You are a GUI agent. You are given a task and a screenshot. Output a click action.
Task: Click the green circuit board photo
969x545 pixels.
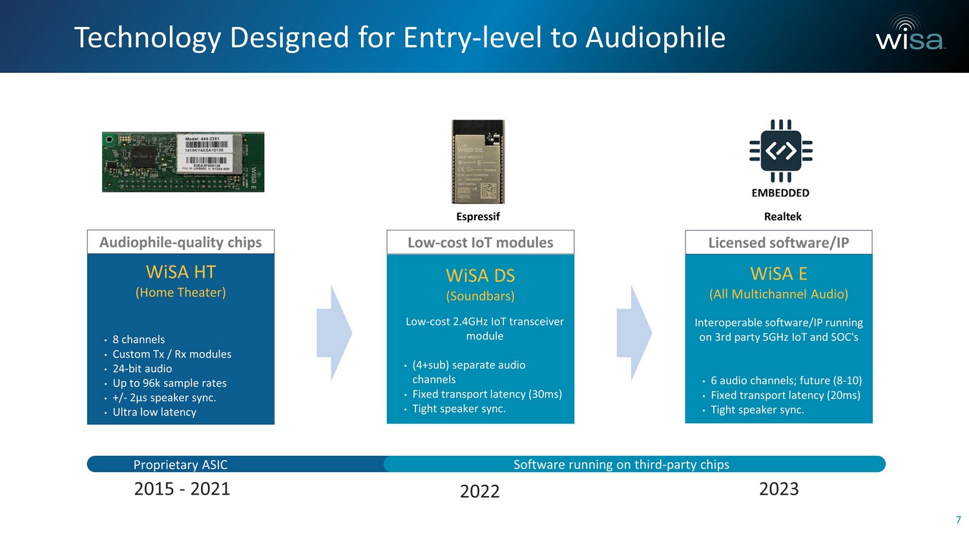pos(183,162)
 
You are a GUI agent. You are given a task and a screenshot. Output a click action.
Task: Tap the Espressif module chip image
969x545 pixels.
pos(478,161)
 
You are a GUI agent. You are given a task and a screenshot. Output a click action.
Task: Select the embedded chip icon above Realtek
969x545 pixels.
pos(780,151)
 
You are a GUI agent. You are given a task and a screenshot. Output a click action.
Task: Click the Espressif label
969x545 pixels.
pos(478,216)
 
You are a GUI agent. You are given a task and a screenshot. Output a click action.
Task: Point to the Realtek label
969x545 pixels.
pos(782,216)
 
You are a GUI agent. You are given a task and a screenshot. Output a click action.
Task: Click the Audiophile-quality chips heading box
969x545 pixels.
pos(181,242)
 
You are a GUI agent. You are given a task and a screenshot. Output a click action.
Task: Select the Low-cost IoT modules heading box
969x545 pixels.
pos(480,242)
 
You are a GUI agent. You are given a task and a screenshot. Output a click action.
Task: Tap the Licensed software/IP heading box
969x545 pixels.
pos(778,242)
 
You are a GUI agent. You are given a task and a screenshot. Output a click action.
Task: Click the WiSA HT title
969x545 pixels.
pos(181,272)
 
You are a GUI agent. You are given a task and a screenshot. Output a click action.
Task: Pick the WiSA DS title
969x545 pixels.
pos(480,276)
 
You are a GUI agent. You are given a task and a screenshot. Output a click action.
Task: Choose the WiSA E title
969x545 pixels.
pos(778,274)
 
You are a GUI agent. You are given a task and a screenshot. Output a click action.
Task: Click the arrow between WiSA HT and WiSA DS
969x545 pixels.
pos(334,333)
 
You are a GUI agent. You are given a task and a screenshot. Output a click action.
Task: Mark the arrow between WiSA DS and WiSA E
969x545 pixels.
pos(634,333)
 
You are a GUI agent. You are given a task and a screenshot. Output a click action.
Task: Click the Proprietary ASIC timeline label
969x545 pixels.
pos(180,464)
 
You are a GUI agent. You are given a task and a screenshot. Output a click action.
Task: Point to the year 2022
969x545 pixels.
pos(479,491)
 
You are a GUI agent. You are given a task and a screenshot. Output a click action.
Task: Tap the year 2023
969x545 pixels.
pos(778,489)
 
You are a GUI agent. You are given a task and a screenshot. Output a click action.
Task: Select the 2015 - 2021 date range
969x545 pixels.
pos(182,489)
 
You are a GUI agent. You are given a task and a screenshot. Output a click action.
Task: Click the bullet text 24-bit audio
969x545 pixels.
pos(142,369)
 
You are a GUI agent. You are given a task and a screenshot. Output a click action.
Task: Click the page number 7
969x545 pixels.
pos(958,520)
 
